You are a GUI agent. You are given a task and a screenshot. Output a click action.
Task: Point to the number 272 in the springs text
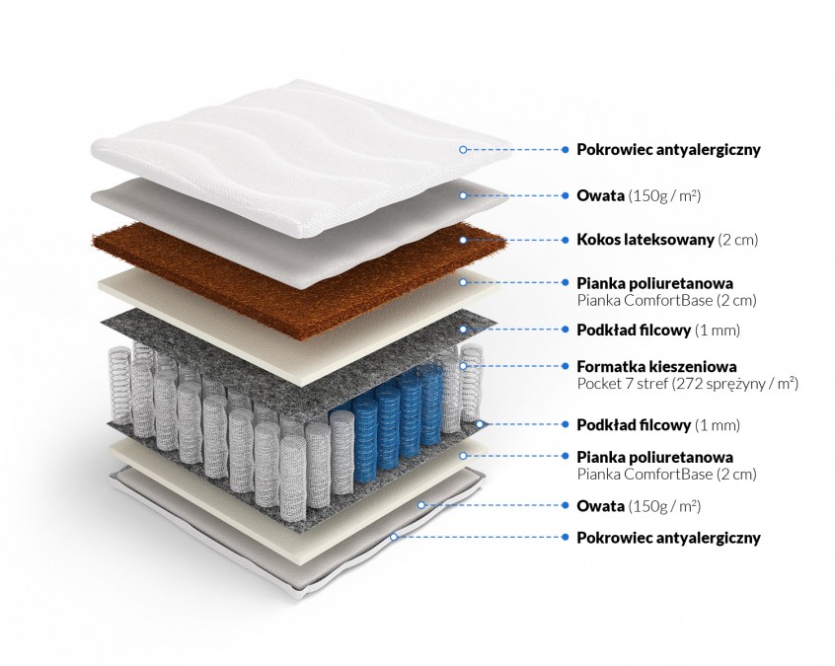687,383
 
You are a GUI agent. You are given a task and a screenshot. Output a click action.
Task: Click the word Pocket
599,383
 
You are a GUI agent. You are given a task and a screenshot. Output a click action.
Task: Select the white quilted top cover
296,148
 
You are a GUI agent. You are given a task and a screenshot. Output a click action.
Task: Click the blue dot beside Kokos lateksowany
565,240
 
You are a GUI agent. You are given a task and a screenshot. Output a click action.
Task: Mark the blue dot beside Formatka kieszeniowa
565,366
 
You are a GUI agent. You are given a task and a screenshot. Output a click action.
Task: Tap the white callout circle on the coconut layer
463,239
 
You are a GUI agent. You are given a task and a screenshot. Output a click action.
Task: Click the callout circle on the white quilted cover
463,150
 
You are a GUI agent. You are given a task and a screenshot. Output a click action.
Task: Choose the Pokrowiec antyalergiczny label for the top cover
668,150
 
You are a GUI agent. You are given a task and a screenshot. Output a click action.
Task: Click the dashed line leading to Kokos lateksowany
513,240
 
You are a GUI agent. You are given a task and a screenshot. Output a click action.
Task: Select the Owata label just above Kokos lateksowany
601,195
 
